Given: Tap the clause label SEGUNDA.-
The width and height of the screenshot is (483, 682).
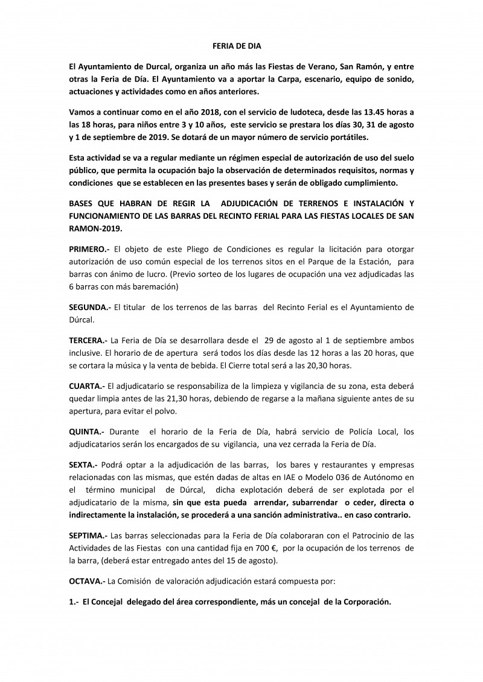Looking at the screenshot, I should (90, 307).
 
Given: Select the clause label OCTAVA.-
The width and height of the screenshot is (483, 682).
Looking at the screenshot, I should (88, 580).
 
